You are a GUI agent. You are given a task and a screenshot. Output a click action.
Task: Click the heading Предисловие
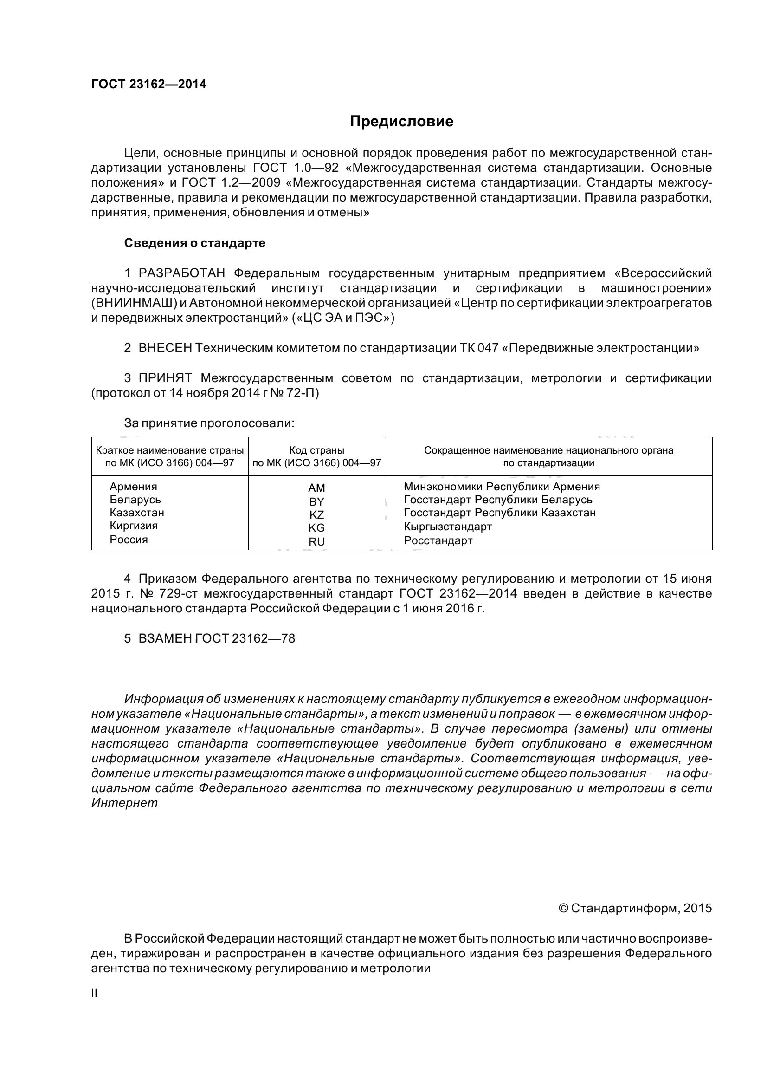401,122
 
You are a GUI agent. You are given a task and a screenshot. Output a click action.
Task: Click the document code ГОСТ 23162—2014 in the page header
149,84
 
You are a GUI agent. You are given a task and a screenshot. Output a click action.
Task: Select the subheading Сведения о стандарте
195,243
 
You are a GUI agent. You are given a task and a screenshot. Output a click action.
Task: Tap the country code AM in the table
316,488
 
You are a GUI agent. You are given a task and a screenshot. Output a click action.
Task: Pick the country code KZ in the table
316,514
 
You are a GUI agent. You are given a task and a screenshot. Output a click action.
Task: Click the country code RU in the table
316,542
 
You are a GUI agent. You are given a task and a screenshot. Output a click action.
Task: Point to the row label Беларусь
135,500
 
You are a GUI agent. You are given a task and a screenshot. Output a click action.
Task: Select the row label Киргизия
134,526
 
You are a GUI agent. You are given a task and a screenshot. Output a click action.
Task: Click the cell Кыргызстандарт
448,527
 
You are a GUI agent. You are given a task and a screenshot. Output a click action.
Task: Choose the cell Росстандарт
438,540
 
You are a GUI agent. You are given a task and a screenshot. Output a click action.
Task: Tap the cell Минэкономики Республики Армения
502,486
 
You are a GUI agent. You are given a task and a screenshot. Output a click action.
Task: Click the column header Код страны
316,450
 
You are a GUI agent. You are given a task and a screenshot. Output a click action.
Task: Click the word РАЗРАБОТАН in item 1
182,273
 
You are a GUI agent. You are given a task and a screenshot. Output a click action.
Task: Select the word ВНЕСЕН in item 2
165,348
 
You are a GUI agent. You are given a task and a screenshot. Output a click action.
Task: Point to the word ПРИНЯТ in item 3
165,378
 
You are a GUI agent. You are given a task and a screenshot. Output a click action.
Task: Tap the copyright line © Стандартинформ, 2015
635,908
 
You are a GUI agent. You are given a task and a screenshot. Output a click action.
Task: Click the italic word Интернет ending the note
124,803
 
